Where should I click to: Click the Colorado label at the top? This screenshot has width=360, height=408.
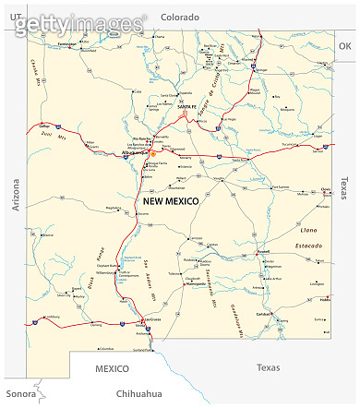(x=180, y=16)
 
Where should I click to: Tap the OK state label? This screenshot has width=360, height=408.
(x=344, y=45)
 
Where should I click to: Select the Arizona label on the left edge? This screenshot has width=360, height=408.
(x=15, y=195)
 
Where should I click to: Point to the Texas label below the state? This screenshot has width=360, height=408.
(x=268, y=367)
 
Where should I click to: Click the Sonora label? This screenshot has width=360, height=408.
(x=20, y=394)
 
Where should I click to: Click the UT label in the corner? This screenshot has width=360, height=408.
(x=15, y=16)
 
